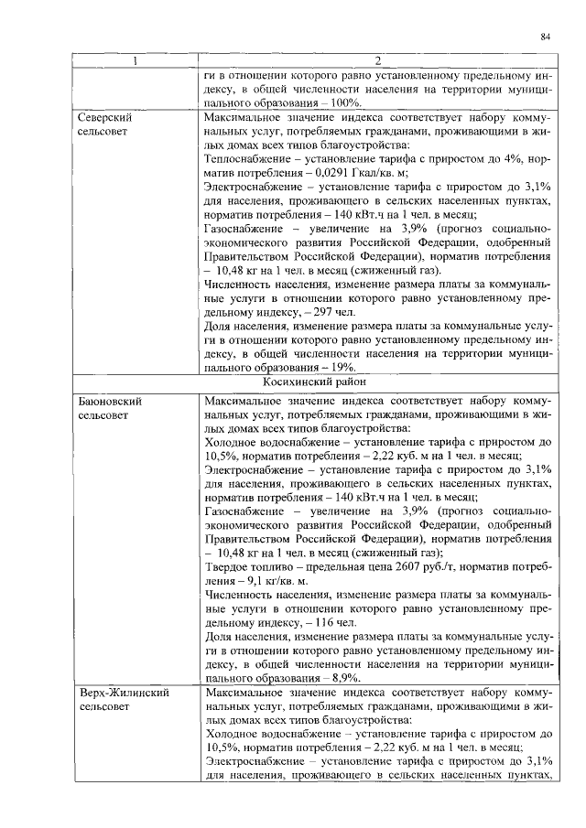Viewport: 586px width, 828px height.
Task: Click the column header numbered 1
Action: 135,62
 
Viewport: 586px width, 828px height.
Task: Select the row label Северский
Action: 103,119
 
